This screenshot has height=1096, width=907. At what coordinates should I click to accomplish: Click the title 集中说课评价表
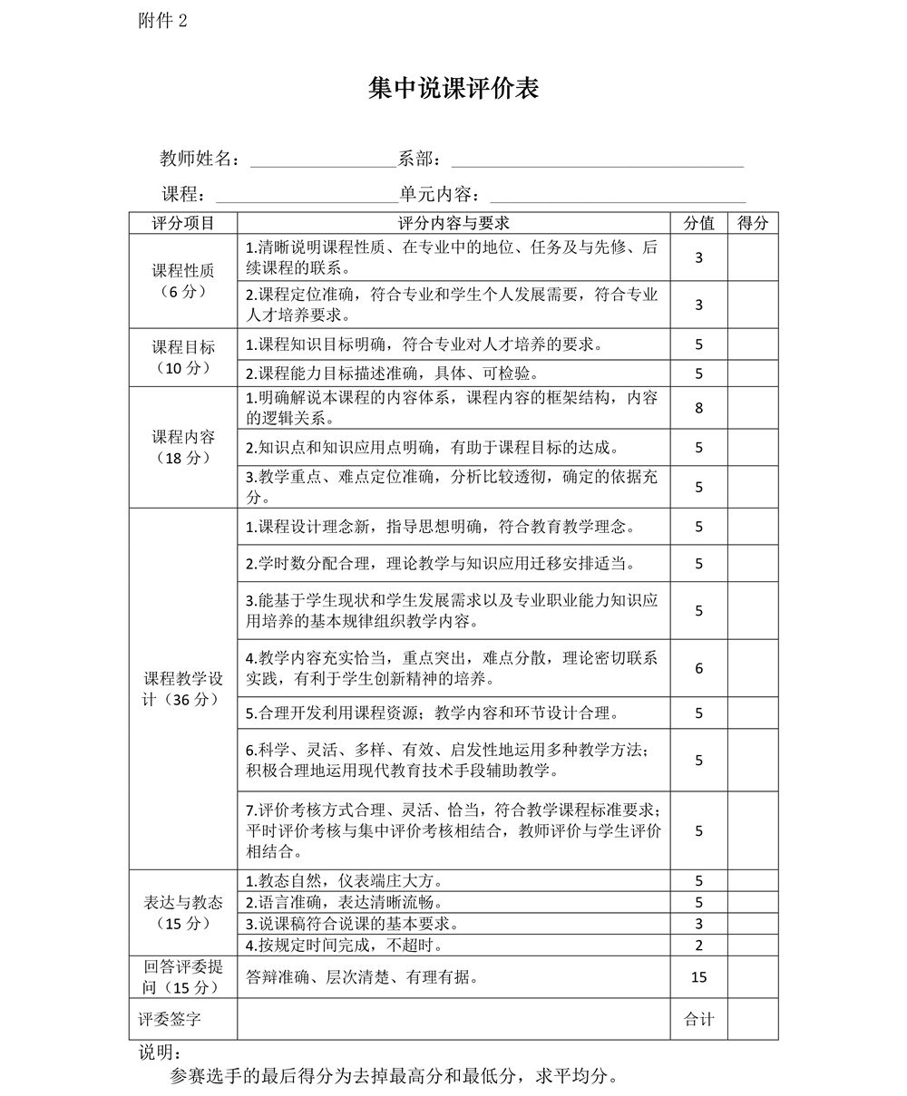tap(453, 89)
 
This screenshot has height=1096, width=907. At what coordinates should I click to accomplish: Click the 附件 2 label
tap(163, 21)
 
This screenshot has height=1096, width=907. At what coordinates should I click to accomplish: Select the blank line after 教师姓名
tap(323, 161)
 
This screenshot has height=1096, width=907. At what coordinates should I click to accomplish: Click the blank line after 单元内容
tap(617, 196)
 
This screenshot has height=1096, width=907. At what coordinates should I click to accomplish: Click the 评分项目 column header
tap(183, 223)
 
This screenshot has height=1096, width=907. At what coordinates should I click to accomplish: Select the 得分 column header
tap(752, 223)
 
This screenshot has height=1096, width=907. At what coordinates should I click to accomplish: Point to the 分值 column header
tap(698, 223)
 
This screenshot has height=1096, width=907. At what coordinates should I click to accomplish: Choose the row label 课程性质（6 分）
tap(183, 281)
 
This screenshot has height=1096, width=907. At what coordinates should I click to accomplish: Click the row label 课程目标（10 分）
tap(183, 357)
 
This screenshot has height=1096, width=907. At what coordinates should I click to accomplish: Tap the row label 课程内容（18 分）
tap(183, 447)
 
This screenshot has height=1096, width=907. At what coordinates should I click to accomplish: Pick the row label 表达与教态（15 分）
tap(183, 912)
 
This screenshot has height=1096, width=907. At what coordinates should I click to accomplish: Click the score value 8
tap(698, 408)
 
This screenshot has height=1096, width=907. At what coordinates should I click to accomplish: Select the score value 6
tap(698, 668)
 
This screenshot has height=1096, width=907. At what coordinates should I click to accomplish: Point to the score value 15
tap(698, 977)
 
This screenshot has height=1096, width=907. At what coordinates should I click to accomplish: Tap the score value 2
tap(698, 946)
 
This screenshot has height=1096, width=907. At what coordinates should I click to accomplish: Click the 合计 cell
tap(698, 1020)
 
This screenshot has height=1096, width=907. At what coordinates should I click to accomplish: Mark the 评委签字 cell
tap(171, 1020)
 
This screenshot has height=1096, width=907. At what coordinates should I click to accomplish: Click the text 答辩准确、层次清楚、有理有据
tap(363, 977)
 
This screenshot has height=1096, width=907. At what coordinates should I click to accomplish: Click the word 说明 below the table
tap(159, 1052)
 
